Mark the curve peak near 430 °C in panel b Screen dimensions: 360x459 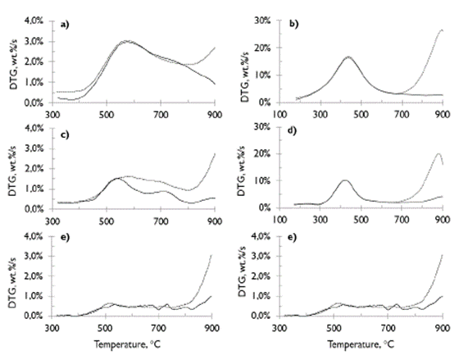coord(348,57)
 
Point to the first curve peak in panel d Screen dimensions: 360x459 coord(345,180)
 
